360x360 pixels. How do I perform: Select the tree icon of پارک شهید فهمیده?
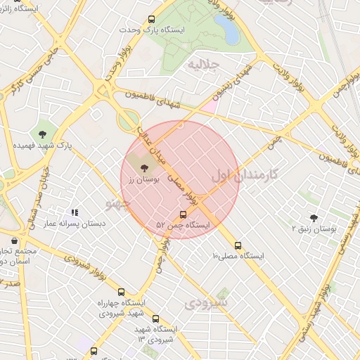44,134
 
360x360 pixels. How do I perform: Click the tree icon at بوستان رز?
145,168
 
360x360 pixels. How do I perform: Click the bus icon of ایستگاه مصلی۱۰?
238,246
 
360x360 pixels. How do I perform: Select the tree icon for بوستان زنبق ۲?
314,218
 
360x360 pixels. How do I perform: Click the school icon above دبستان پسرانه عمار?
74,212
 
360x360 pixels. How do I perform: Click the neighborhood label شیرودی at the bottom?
206,304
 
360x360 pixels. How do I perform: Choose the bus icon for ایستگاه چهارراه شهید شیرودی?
121,292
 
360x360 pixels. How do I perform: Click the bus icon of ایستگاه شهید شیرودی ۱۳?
155,319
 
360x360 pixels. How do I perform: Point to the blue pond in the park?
226,30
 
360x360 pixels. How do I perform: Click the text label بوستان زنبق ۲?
314,229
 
